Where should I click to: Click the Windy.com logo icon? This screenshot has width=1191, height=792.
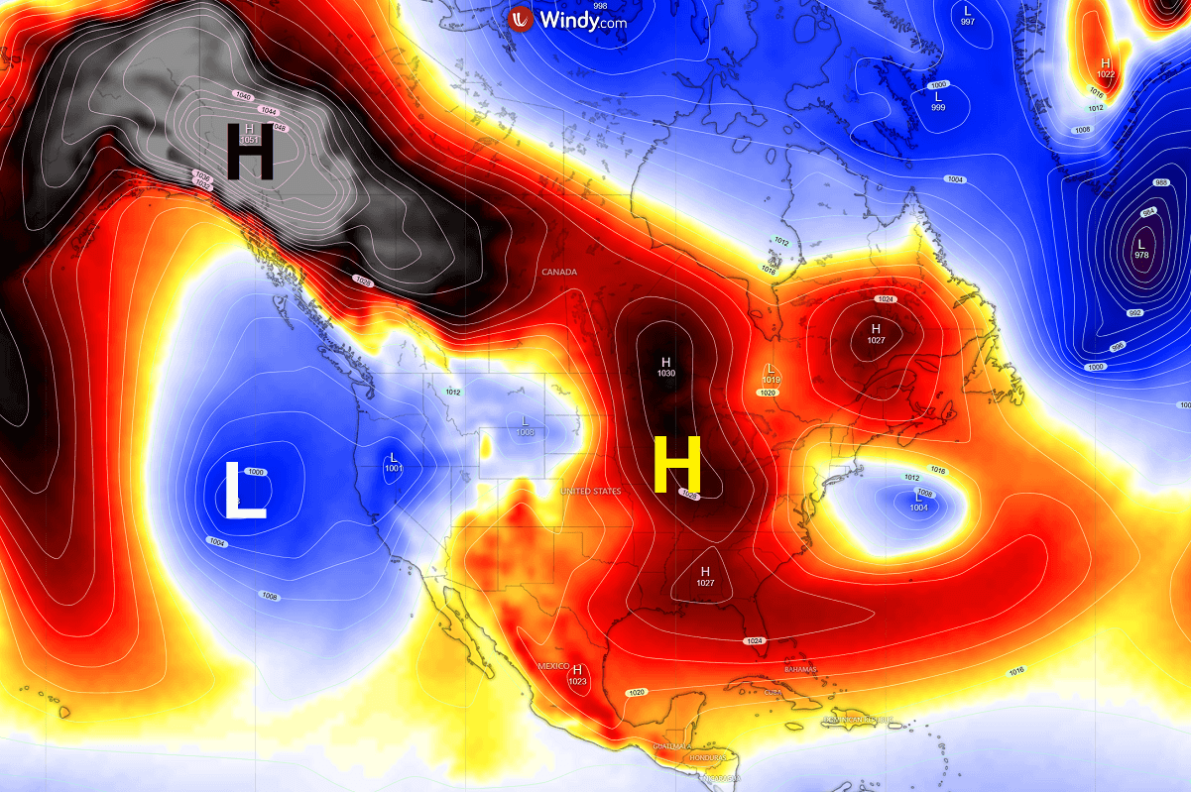[521, 18]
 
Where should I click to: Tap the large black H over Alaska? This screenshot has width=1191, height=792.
[250, 151]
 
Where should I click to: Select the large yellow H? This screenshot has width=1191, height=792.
[677, 464]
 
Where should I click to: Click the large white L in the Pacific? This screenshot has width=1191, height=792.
[245, 488]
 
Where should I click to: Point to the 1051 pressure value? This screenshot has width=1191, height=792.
[249, 141]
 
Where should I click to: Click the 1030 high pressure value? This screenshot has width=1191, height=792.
[665, 373]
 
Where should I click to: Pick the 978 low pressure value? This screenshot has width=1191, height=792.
[1140, 255]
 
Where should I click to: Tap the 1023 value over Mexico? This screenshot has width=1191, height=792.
[577, 681]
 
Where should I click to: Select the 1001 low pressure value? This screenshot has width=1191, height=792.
[394, 468]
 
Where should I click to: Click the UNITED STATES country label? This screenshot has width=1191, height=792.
[591, 492]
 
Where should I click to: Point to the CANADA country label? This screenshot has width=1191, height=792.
[559, 272]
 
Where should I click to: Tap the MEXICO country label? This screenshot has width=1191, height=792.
[552, 666]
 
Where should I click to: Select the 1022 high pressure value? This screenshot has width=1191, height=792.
[1106, 74]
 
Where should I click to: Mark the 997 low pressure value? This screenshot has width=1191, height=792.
[967, 22]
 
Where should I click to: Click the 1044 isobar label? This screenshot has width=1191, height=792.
[268, 110]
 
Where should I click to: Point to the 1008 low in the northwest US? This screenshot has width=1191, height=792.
[526, 431]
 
